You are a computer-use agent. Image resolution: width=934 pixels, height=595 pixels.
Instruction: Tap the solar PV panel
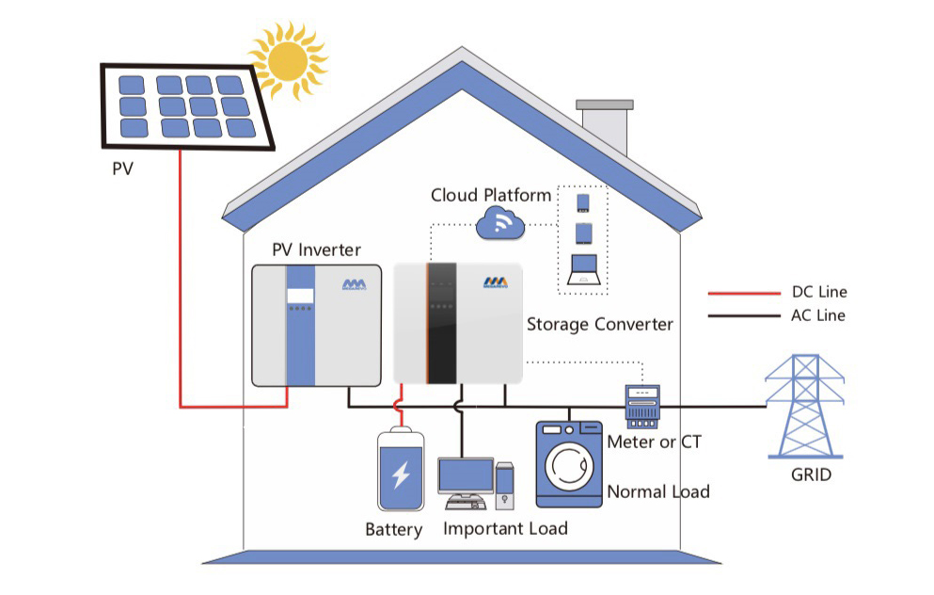tap(187, 105)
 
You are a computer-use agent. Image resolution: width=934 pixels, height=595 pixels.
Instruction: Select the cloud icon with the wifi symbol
tap(499, 224)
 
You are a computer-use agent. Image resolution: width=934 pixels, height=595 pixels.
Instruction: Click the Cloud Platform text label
tap(491, 196)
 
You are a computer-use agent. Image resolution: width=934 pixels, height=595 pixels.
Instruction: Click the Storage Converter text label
tap(599, 325)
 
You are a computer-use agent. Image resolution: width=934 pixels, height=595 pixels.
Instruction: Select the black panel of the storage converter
tap(441, 323)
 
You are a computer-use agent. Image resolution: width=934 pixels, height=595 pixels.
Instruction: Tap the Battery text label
tap(393, 530)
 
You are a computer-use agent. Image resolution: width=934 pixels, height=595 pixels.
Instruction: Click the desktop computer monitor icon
tap(466, 479)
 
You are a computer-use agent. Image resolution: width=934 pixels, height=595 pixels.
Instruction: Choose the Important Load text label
tap(505, 529)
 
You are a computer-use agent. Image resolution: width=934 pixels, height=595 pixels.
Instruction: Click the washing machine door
tap(568, 467)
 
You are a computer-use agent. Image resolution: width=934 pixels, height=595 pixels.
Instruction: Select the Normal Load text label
tap(657, 491)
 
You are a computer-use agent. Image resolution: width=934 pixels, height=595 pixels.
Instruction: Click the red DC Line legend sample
tap(743, 294)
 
